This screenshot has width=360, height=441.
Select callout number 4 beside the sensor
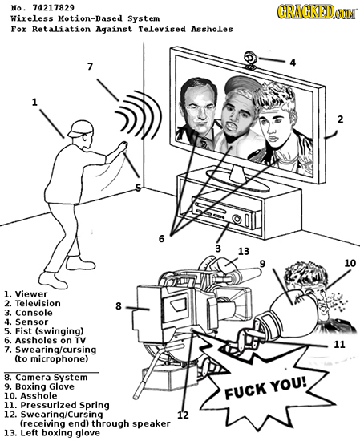[293, 61]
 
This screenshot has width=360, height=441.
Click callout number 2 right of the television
[341, 119]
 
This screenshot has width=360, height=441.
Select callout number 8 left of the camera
[119, 305]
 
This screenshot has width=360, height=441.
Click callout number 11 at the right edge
[338, 345]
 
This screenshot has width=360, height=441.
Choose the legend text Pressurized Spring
[59, 407]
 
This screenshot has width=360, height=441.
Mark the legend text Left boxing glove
[59, 433]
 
